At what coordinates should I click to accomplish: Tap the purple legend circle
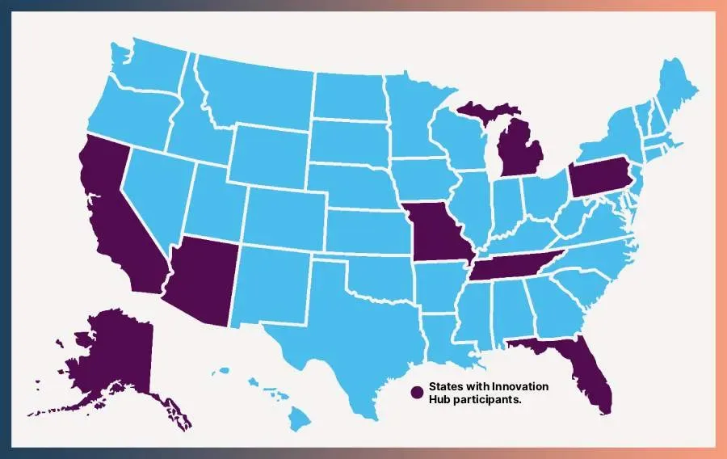[417, 392]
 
